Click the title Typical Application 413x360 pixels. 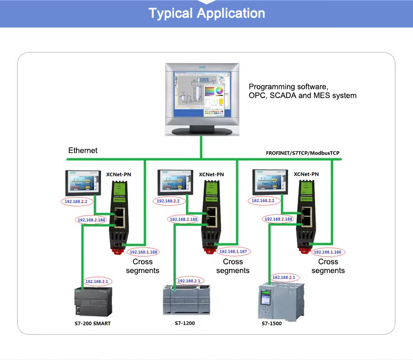[x=206, y=13]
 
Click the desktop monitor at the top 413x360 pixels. [x=203, y=99]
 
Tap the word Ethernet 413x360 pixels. [x=83, y=150]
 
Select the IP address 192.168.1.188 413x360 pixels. [x=143, y=252]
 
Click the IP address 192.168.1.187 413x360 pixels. [x=234, y=252]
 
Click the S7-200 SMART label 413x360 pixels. [x=93, y=323]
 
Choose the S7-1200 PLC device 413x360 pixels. [x=187, y=301]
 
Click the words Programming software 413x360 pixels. [x=288, y=87]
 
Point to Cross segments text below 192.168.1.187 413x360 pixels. [x=232, y=266]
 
